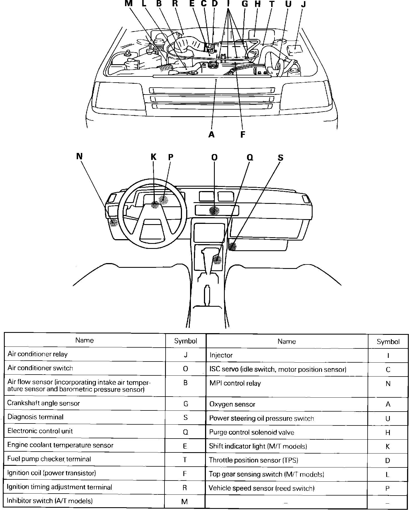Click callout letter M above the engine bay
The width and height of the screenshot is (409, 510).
coord(128,4)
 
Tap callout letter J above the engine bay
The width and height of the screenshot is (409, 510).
coord(303,4)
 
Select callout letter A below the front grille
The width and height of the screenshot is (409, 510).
coord(211,135)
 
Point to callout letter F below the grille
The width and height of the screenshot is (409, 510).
coord(243,135)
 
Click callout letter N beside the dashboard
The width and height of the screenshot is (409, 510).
coord(79,156)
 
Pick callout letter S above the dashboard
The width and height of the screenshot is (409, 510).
coord(281,158)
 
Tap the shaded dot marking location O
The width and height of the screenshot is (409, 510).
coord(214,211)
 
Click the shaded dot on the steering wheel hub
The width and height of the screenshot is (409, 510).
coord(155,205)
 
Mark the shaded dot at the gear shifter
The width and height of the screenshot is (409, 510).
coord(217,260)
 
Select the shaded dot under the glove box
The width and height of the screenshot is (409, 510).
coord(232,246)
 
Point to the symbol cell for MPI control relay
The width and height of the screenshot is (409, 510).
coord(388,384)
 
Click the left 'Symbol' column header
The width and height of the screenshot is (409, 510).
coord(186,341)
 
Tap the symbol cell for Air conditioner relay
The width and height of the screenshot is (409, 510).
coord(186,355)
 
